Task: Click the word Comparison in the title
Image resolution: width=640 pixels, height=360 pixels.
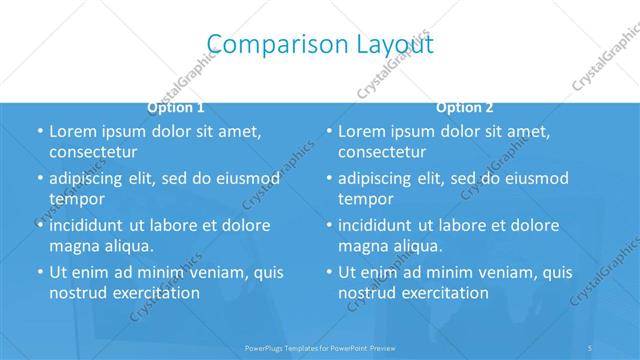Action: [x=261, y=43]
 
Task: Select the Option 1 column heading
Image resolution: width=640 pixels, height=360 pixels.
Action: [x=176, y=107]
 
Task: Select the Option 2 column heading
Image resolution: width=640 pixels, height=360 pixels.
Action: [x=465, y=107]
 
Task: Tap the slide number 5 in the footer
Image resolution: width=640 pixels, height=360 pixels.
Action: [x=591, y=349]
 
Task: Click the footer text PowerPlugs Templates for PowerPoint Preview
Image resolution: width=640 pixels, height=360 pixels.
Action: [x=320, y=349]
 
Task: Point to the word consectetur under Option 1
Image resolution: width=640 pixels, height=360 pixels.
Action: [x=93, y=152]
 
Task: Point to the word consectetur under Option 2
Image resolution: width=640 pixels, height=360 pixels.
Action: [x=382, y=152]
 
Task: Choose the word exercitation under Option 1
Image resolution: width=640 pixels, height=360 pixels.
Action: [x=155, y=293]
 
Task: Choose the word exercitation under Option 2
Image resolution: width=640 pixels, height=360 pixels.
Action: [x=444, y=293]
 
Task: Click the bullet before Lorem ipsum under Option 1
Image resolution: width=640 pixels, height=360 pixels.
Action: [x=39, y=132]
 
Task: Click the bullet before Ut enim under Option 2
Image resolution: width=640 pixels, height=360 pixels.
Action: [x=328, y=272]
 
